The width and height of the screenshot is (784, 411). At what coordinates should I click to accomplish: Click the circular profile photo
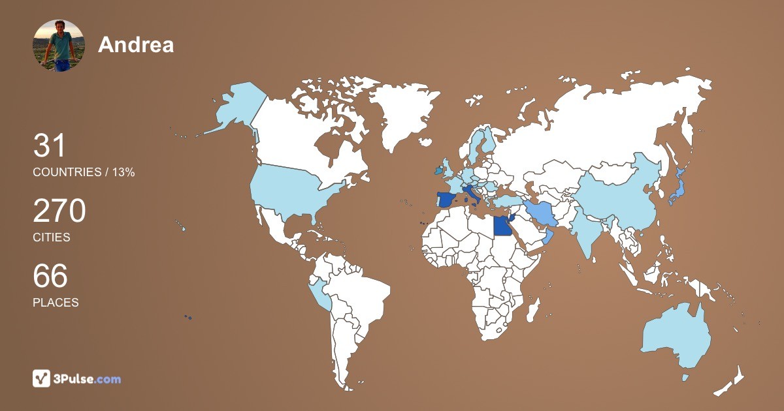(x=59, y=45)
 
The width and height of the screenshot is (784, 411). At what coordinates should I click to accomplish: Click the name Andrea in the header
(x=136, y=44)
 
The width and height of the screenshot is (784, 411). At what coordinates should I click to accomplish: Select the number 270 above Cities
(x=59, y=211)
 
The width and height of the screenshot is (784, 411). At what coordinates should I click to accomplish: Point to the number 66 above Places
(x=50, y=276)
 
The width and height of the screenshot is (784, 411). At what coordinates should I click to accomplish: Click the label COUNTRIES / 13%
(x=84, y=172)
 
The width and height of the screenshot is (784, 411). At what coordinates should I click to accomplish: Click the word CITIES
(x=52, y=237)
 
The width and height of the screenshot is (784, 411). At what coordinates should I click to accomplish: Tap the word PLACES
(x=56, y=303)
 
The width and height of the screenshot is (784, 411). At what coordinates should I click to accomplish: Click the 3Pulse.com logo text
(x=87, y=378)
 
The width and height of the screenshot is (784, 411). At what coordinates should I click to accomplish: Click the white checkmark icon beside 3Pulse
(x=42, y=378)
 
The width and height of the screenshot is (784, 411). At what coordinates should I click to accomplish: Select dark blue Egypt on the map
(x=501, y=226)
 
